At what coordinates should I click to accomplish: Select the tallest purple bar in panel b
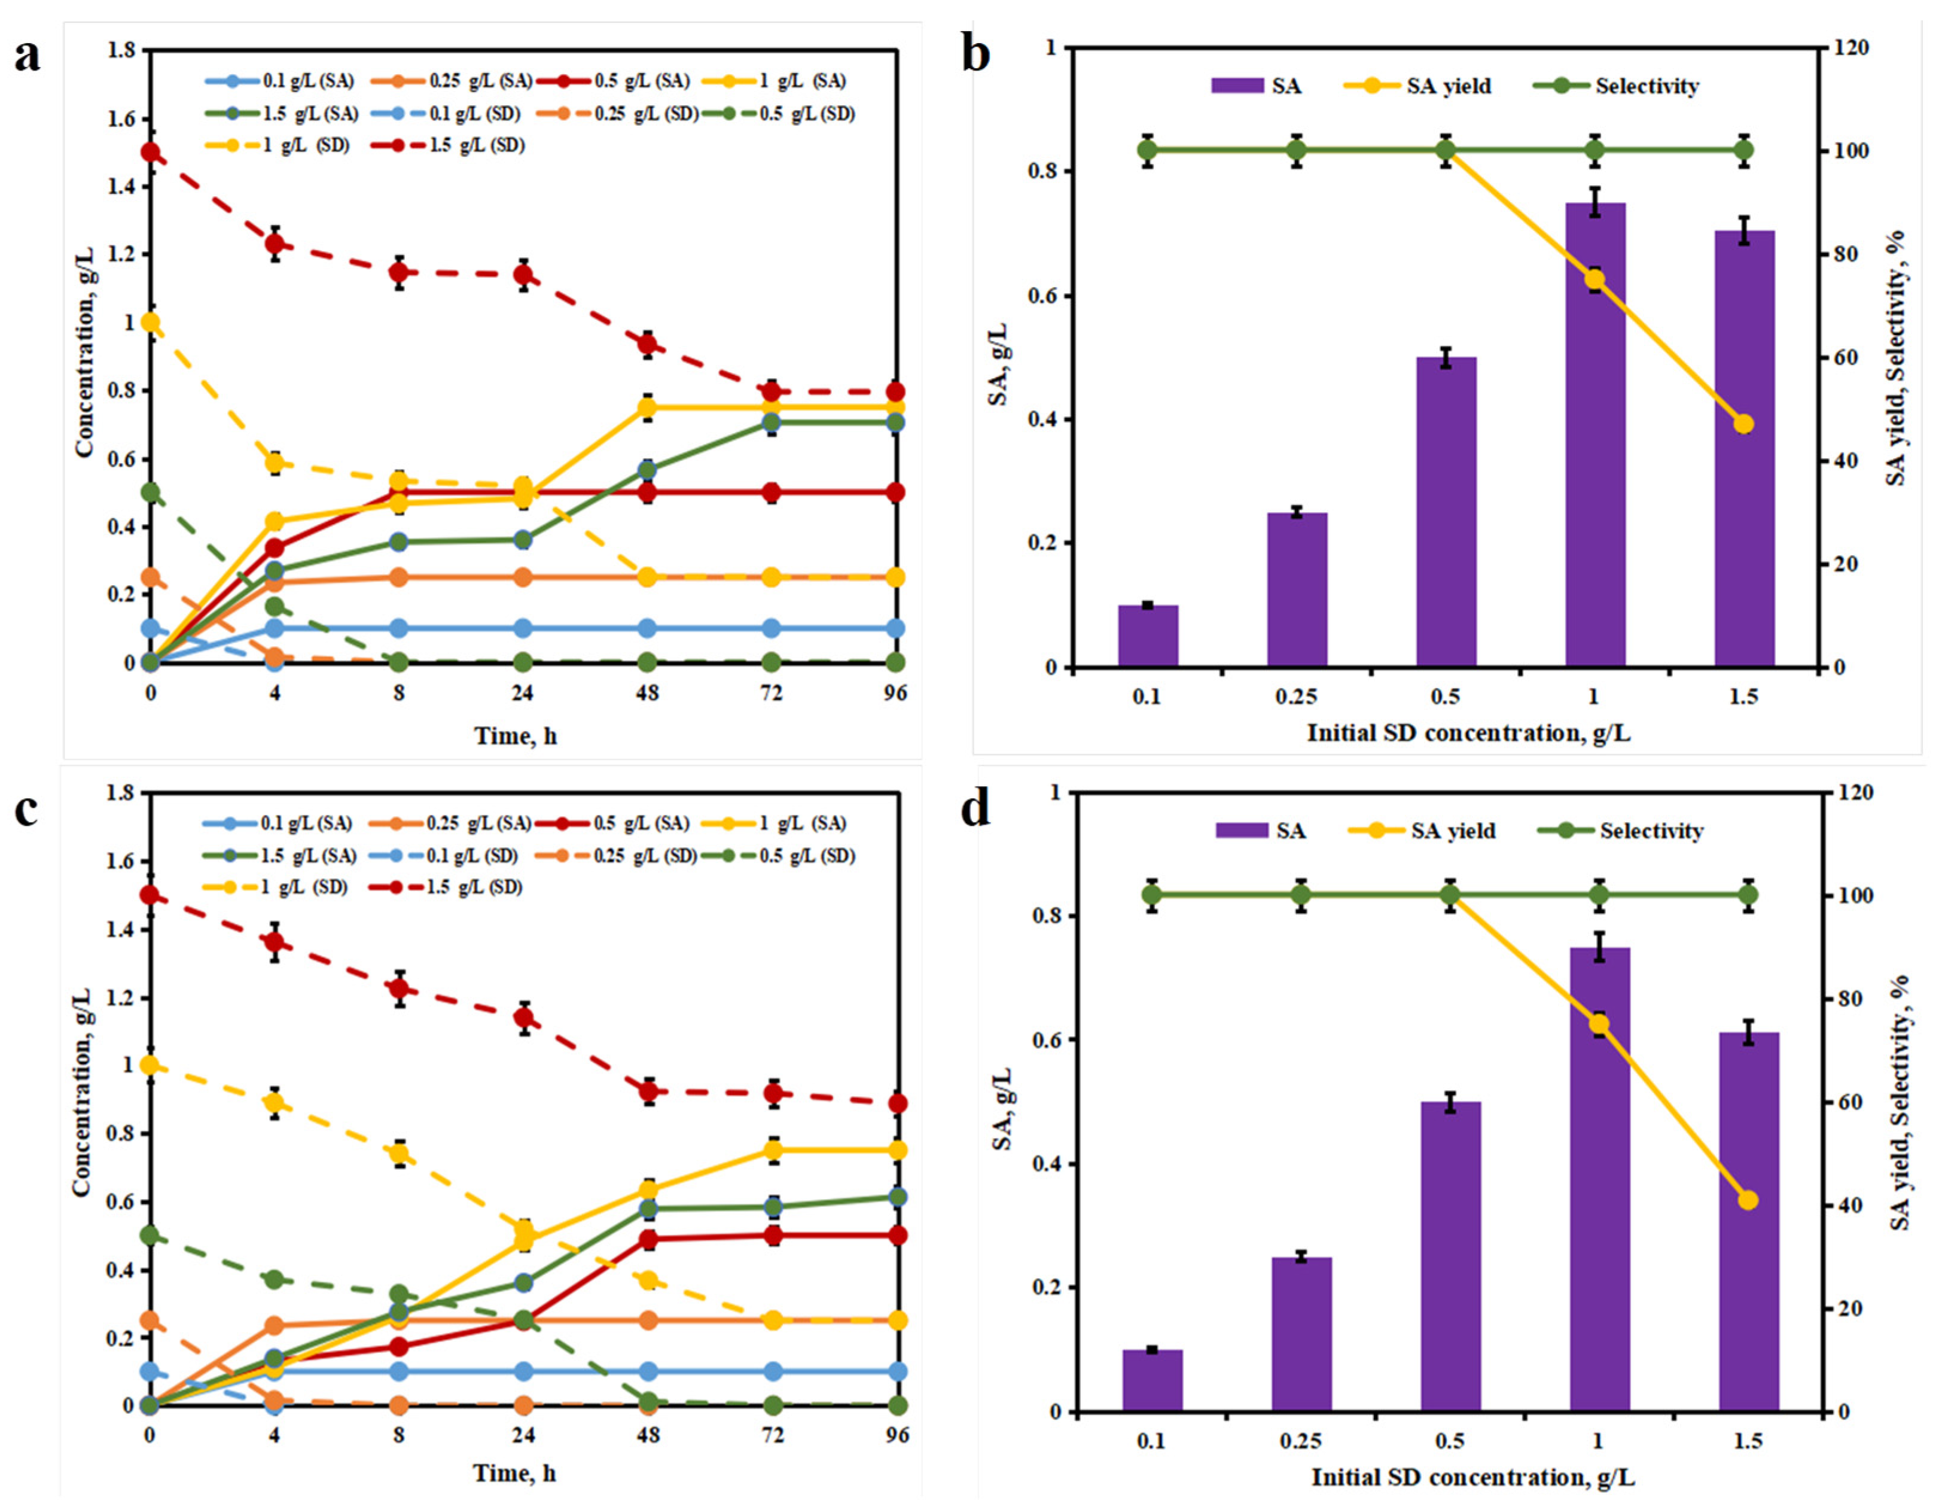(x=1594, y=434)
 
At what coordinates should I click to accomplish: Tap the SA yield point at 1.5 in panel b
(x=1743, y=424)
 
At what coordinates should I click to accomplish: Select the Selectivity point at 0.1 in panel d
(x=1151, y=895)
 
